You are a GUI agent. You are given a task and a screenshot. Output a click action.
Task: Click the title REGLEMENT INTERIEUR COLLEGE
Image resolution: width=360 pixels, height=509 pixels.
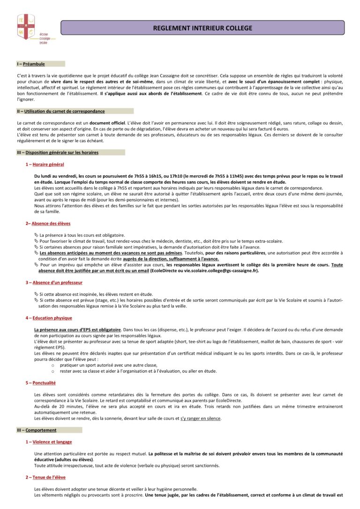point(202,28)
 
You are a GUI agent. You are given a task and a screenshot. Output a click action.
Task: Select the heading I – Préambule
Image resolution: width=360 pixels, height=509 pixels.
point(31,64)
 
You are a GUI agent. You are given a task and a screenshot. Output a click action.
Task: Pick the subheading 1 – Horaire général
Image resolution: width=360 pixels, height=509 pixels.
point(45,165)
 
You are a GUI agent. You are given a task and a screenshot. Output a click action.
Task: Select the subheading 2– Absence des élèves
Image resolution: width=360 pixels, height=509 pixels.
point(48,224)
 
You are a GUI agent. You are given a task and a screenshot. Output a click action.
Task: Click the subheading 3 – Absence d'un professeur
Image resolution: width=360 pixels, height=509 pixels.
point(54,283)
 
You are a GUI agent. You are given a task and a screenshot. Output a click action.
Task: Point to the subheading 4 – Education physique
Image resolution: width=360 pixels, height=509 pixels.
point(49,318)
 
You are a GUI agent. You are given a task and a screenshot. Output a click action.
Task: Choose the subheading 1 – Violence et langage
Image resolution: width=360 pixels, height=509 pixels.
point(49,442)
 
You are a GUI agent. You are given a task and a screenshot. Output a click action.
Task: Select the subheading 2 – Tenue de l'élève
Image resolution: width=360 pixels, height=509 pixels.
point(45,477)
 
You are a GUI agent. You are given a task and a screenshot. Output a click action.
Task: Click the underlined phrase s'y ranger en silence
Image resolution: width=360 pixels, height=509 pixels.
point(201,419)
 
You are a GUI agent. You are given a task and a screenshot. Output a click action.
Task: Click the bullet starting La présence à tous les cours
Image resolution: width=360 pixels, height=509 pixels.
point(82,235)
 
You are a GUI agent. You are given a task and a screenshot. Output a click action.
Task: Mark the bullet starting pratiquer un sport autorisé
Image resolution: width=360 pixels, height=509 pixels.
point(108,365)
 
